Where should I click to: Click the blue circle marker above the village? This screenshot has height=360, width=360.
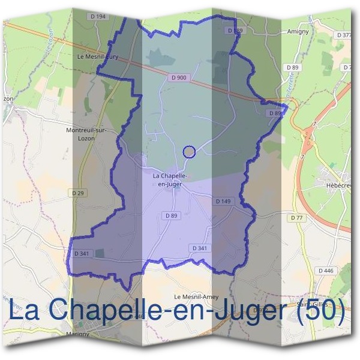tap(189, 152)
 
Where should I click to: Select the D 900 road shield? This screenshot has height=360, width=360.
tap(178, 77)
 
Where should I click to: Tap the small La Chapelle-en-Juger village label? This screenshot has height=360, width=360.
tap(170, 180)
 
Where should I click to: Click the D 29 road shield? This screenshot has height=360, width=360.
tap(77, 193)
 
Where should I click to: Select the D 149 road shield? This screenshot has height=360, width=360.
tap(223, 202)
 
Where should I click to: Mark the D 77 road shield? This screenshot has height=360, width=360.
tap(296, 218)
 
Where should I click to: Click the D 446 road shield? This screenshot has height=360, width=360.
tap(326, 271)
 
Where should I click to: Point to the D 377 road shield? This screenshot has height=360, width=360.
tap(344, 35)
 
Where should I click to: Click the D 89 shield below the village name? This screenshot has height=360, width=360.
tap(171, 215)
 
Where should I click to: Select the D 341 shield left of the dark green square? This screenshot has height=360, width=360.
tap(81, 254)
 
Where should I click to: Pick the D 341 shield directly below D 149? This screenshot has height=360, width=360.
tap(200, 248)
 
